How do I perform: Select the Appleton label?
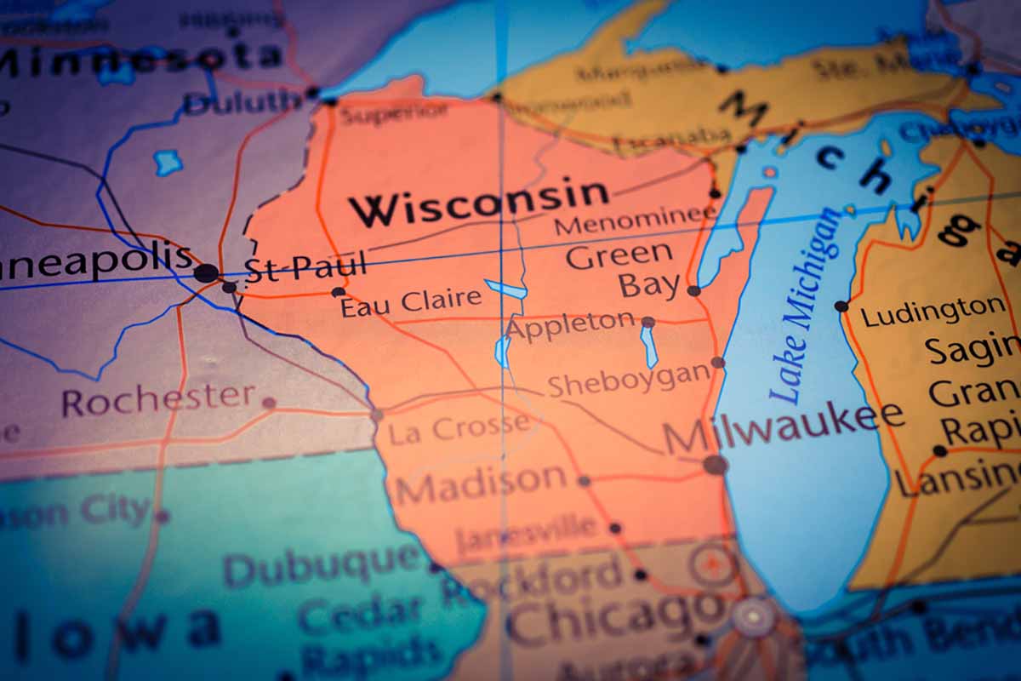(x=571, y=324)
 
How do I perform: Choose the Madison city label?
(x=481, y=484)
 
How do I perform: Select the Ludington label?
(x=933, y=311)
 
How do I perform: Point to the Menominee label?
(x=635, y=222)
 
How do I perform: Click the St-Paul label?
(x=305, y=266)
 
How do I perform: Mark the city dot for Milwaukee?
(x=715, y=464)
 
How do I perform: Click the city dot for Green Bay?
(x=693, y=290)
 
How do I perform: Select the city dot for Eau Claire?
(x=338, y=292)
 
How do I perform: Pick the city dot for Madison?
(x=584, y=481)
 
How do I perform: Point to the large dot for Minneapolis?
(x=206, y=273)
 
